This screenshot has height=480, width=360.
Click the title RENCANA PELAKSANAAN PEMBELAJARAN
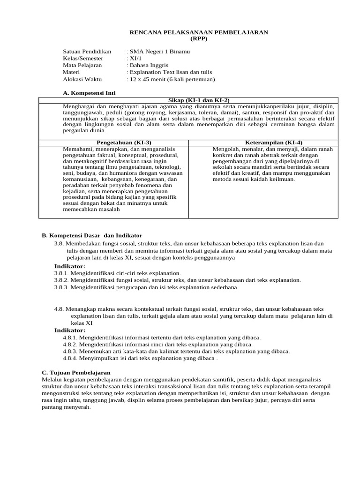point(198,32)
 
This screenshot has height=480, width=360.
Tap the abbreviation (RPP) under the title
point(198,38)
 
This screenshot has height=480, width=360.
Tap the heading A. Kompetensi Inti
point(89,93)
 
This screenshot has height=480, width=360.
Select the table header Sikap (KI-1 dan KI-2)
point(199,100)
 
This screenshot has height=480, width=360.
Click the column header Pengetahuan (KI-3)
point(124,142)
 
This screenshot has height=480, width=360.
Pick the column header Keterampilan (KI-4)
point(274,142)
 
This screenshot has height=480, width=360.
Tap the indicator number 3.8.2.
point(61,280)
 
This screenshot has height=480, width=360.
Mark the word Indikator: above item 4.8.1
point(70,330)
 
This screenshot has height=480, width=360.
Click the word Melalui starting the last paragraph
point(52,379)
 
